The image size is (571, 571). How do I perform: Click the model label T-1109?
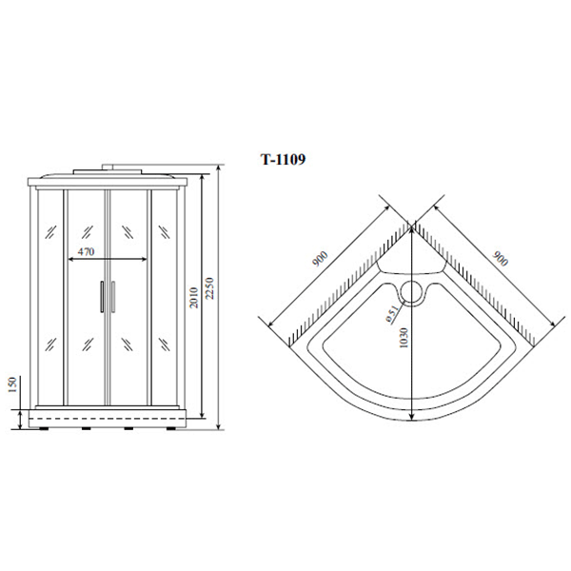(284, 159)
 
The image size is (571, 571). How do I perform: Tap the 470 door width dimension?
(87, 251)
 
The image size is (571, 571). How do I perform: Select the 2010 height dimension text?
(194, 298)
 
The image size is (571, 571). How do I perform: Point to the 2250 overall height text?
(210, 288)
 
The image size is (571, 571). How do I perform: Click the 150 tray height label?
(12, 384)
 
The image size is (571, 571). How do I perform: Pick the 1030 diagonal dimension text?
(404, 338)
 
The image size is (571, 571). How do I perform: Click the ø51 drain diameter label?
(392, 314)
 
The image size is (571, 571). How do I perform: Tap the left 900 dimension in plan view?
(321, 259)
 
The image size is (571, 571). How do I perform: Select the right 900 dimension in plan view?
(500, 259)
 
